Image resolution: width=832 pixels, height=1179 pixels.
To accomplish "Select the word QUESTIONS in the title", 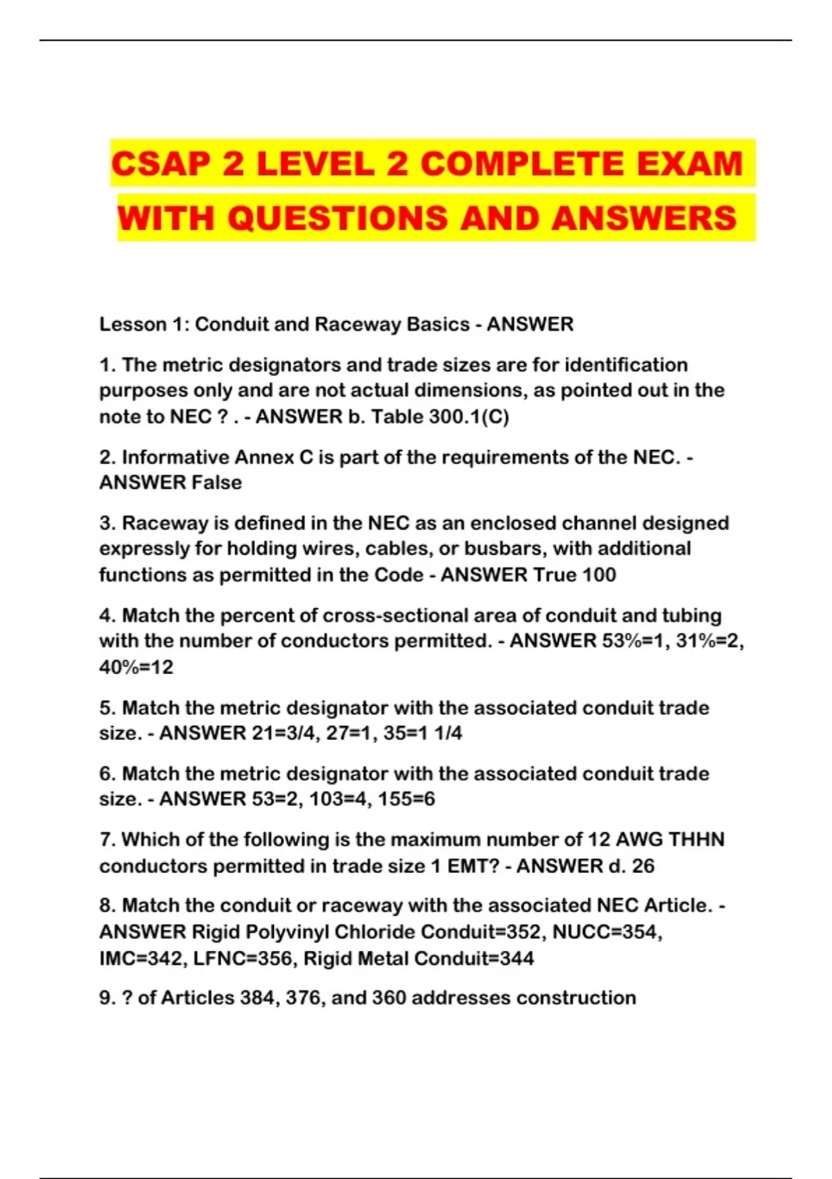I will [337, 218].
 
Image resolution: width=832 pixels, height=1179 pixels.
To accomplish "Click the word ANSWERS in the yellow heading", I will [644, 218].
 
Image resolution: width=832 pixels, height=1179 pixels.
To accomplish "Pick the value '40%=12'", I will [136, 667].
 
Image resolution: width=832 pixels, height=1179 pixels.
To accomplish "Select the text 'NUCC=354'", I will [607, 932].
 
